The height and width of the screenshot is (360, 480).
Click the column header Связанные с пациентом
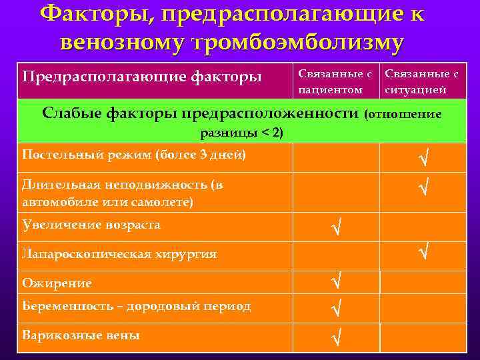(335, 80)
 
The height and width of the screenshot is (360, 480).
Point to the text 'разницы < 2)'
(242, 133)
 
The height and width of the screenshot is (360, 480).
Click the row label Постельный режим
(133, 155)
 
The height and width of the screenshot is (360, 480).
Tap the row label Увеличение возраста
(91, 225)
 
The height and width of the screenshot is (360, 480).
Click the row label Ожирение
(57, 283)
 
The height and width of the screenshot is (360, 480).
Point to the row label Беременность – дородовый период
(136, 306)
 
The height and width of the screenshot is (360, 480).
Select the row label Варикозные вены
(80, 335)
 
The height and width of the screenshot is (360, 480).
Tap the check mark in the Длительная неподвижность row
(422, 189)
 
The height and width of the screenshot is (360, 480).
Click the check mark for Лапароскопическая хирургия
(422, 252)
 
